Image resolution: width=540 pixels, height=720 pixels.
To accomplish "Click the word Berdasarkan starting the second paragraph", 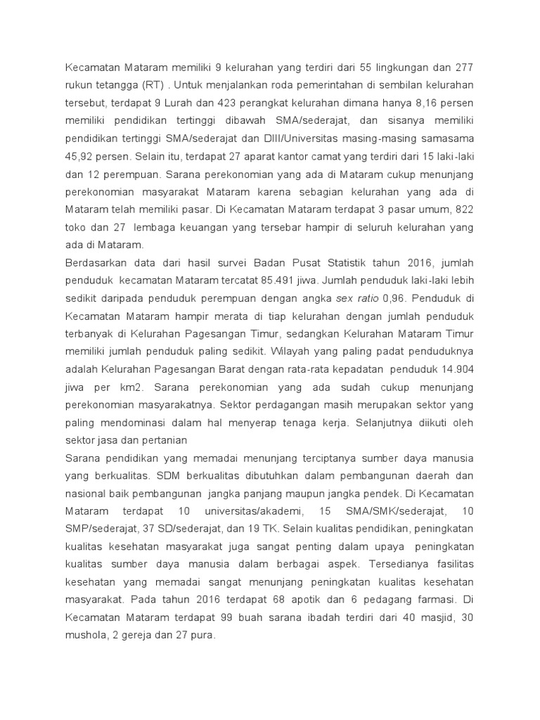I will coord(96,263).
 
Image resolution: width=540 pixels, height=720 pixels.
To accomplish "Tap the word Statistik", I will coord(333,263).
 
